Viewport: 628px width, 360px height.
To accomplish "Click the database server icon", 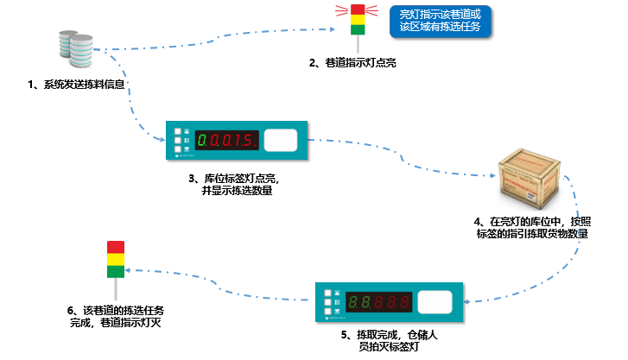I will (x=77, y=51).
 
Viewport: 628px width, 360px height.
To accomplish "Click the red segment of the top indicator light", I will (x=358, y=9).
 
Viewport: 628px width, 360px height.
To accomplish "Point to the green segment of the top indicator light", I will (x=358, y=28).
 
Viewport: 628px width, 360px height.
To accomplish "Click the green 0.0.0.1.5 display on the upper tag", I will (x=224, y=140).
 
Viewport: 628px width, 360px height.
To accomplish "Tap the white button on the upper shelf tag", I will (x=280, y=140).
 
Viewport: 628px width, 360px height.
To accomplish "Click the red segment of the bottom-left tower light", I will (x=115, y=247).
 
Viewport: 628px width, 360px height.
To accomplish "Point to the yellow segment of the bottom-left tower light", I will (x=115, y=259).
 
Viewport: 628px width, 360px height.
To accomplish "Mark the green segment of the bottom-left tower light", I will (x=115, y=271).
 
